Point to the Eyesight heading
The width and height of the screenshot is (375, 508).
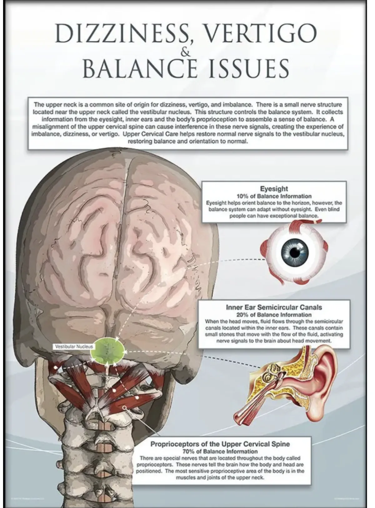coord(274,189)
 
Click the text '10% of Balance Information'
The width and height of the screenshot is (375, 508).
coord(274,196)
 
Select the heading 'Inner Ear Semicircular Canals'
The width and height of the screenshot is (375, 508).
coord(274,307)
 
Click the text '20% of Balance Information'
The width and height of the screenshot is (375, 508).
coord(274,314)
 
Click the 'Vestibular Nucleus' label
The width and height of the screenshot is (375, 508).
coord(74,347)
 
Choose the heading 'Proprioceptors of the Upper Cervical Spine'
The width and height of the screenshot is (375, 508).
coord(220,444)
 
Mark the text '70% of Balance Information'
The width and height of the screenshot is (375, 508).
coord(220,451)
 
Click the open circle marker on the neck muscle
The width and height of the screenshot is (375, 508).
coord(124,407)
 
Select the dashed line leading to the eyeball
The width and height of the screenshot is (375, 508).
coord(244,259)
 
